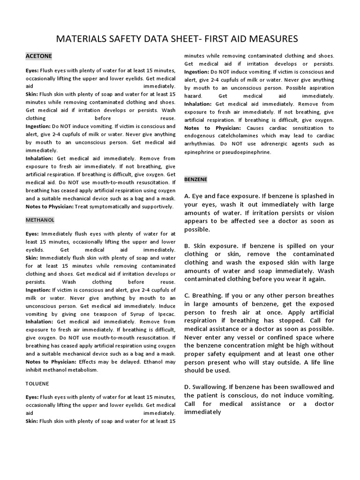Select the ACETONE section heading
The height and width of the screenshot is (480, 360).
pyautogui.click(x=39, y=56)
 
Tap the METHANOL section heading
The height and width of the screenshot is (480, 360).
pyautogui.click(x=40, y=219)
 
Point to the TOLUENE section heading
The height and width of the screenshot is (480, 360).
pyautogui.click(x=37, y=383)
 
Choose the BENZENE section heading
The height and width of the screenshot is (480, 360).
pyautogui.click(x=196, y=179)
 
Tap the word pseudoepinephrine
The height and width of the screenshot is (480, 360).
pyautogui.click(x=243, y=152)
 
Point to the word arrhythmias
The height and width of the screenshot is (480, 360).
pyautogui.click(x=201, y=144)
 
